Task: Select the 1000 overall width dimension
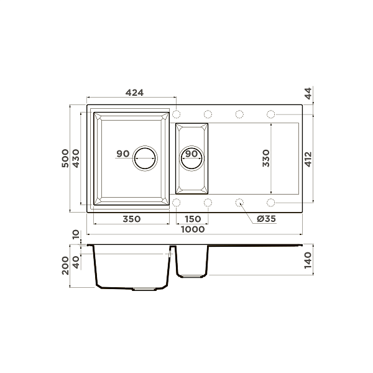pos(193,229)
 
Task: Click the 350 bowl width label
pos(131,219)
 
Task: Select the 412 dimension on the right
pos(309,159)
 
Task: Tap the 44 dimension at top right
pos(309,94)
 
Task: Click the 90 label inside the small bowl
pos(192,154)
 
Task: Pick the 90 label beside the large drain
pos(122,154)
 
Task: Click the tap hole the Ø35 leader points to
pos(239,202)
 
